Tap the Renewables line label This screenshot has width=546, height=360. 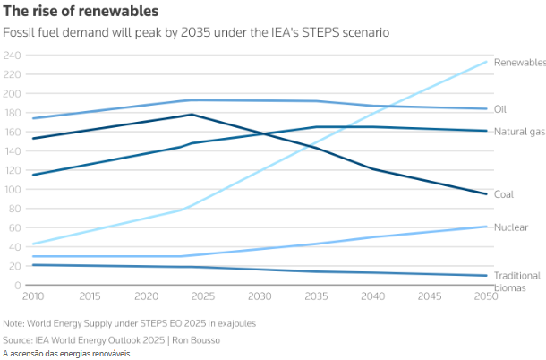pos(519,63)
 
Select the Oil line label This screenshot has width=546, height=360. pos(501,109)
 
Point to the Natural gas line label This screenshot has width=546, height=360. pos(519,132)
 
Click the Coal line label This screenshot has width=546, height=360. pos(504,194)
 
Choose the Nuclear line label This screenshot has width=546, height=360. pos(510,227)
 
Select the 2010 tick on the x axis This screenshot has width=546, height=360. pos(34,296)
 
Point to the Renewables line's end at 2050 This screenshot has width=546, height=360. pos(487,62)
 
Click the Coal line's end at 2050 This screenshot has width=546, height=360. pos(487,194)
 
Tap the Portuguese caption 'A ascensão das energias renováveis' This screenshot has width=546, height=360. pos(66,354)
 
